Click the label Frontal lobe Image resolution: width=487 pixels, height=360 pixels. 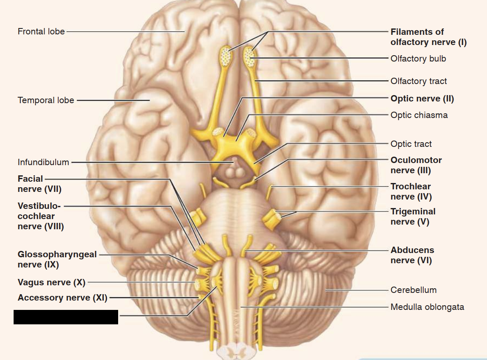pyautogui.click(x=41, y=31)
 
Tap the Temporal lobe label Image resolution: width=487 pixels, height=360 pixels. pyautogui.click(x=46, y=100)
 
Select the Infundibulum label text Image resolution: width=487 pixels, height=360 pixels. pyautogui.click(x=43, y=162)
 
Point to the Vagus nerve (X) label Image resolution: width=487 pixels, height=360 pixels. pyautogui.click(x=52, y=282)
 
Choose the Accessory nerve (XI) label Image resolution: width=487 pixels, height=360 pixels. pyautogui.click(x=62, y=298)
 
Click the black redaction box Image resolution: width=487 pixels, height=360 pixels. pyautogui.click(x=66, y=317)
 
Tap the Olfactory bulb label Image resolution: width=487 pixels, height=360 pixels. pyautogui.click(x=418, y=59)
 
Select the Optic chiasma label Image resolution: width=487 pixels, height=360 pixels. pyautogui.click(x=419, y=115)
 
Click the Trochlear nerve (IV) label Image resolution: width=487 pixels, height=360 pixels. pyautogui.click(x=411, y=191)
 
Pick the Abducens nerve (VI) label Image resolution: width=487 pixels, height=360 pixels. pyautogui.click(x=412, y=256)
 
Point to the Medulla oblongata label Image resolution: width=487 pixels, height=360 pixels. pyautogui.click(x=427, y=307)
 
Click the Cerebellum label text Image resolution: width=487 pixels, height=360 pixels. pyautogui.click(x=413, y=290)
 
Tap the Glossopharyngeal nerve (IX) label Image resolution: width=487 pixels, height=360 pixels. pyautogui.click(x=57, y=259)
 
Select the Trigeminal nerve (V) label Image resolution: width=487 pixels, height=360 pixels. pyautogui.click(x=413, y=217)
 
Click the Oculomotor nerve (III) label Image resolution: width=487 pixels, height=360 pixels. pyautogui.click(x=416, y=165)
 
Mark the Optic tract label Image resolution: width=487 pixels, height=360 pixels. pyautogui.click(x=411, y=144)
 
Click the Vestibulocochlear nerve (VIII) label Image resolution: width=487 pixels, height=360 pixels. pyautogui.click(x=41, y=216)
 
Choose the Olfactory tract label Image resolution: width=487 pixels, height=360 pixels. pyautogui.click(x=419, y=81)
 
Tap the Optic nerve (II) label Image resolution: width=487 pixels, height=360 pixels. pyautogui.click(x=422, y=98)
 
